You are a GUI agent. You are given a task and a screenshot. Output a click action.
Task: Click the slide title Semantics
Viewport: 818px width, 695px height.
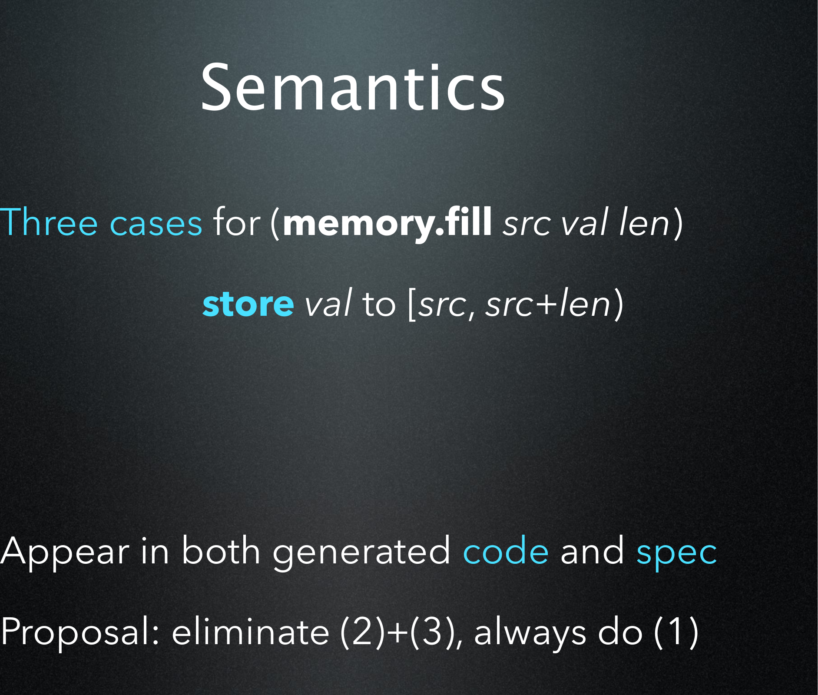pos(352,87)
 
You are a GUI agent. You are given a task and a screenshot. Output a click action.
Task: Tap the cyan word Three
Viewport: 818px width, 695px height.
pos(49,222)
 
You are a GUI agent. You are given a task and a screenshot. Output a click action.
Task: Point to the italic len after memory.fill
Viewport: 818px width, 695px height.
pos(645,222)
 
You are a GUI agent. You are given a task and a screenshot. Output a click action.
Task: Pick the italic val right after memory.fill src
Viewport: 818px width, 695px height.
pos(583,222)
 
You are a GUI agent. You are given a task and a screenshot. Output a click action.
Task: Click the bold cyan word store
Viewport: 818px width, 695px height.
pos(248,304)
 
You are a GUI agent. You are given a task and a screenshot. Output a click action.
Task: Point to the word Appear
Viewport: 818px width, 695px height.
pos(65,552)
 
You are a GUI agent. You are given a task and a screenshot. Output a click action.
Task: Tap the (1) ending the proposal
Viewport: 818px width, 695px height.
pos(676,632)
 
